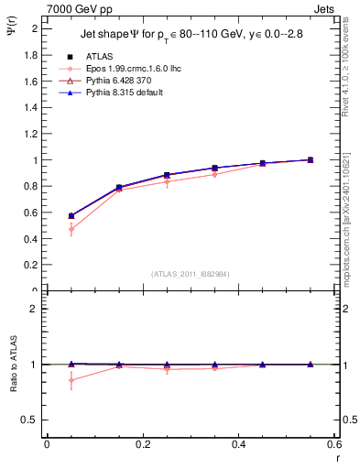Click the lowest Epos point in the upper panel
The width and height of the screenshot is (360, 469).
(x=71, y=229)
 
